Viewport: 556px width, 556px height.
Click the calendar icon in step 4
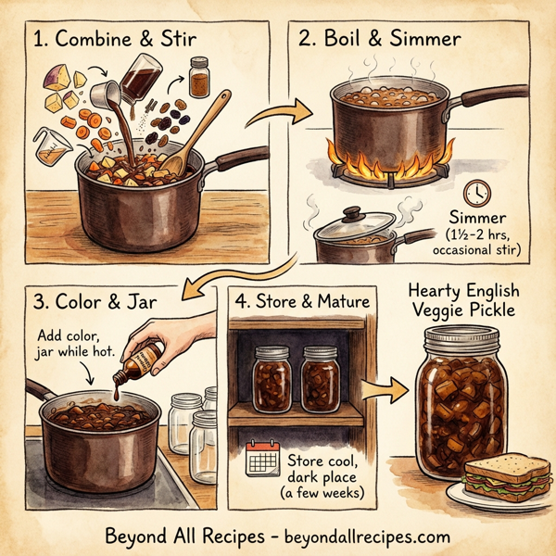click(262, 458)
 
